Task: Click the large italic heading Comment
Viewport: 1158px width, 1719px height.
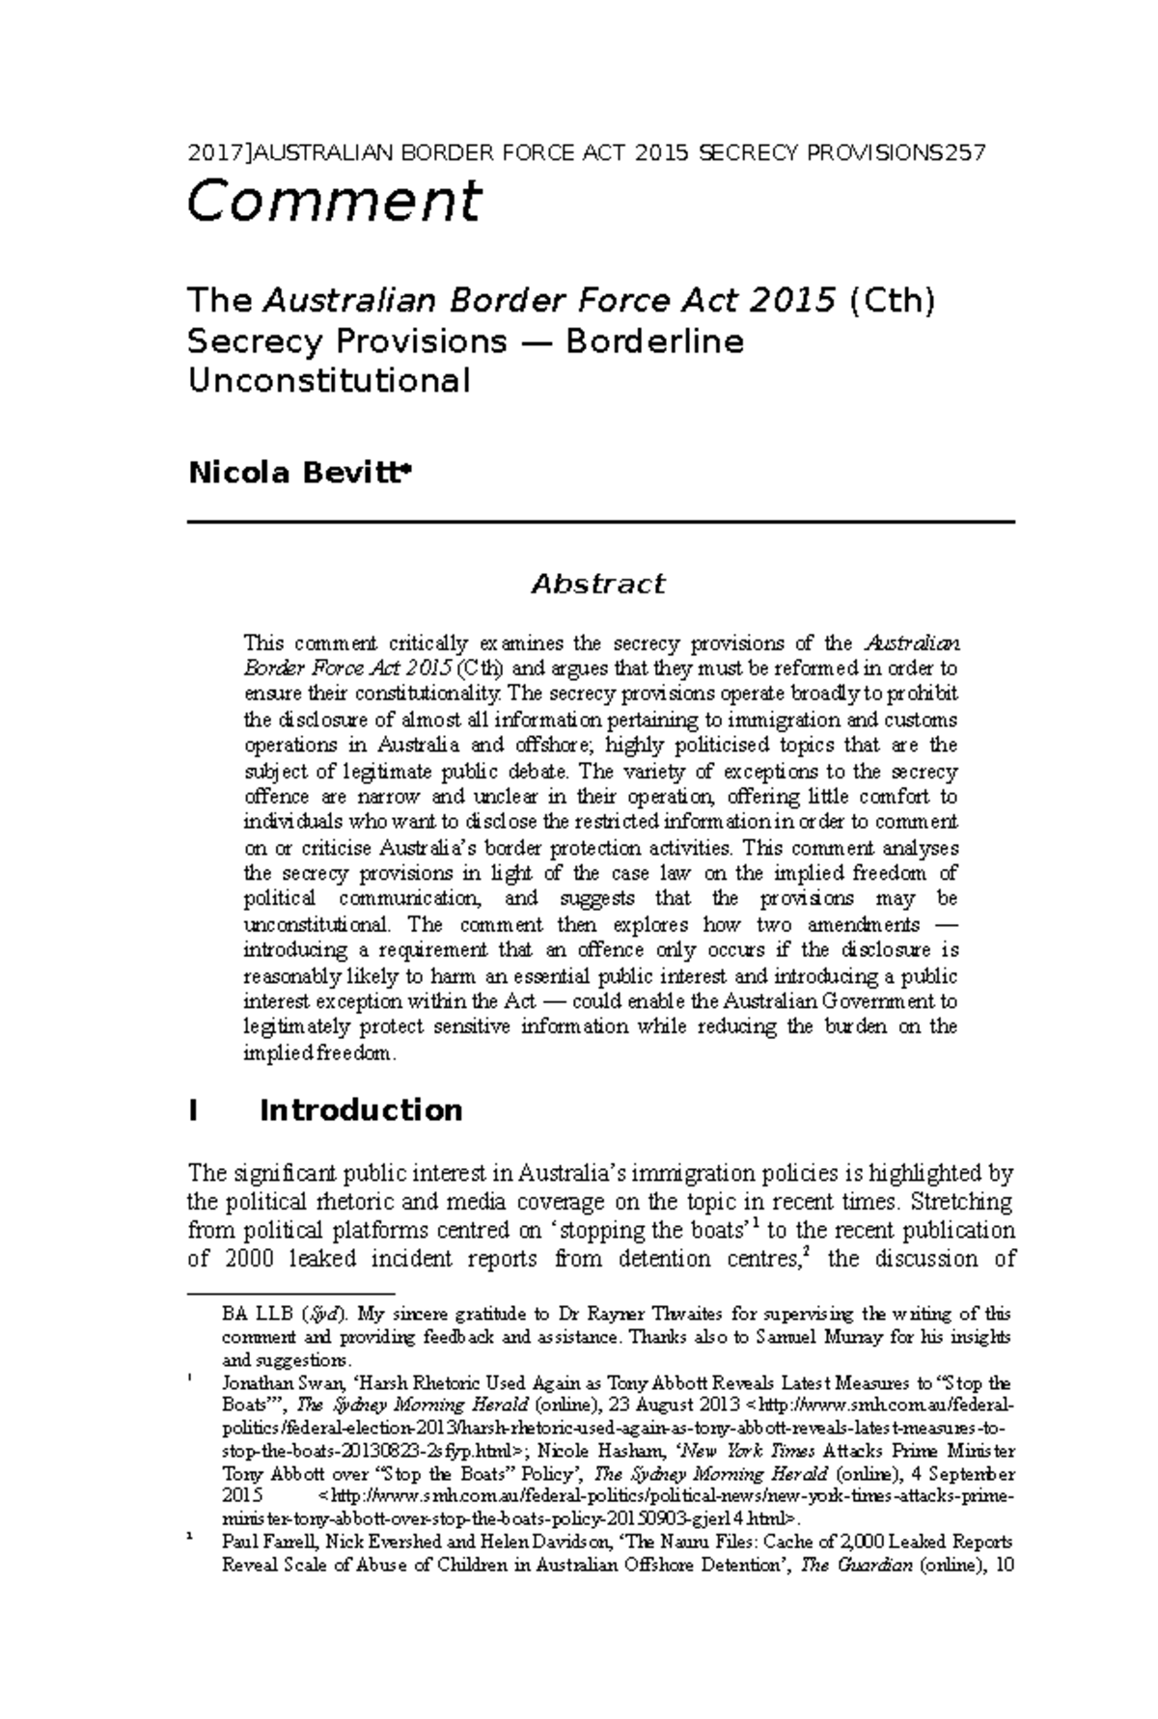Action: click(333, 203)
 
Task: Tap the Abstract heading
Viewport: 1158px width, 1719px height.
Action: click(598, 584)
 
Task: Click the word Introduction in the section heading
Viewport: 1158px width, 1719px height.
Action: click(361, 1110)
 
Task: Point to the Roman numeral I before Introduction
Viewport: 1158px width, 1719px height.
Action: click(194, 1110)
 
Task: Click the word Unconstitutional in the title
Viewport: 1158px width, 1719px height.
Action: click(328, 382)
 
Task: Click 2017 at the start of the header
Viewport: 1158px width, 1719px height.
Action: click(208, 152)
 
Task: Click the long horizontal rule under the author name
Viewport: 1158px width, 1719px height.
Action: click(600, 522)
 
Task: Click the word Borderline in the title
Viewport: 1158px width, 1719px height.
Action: click(655, 341)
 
